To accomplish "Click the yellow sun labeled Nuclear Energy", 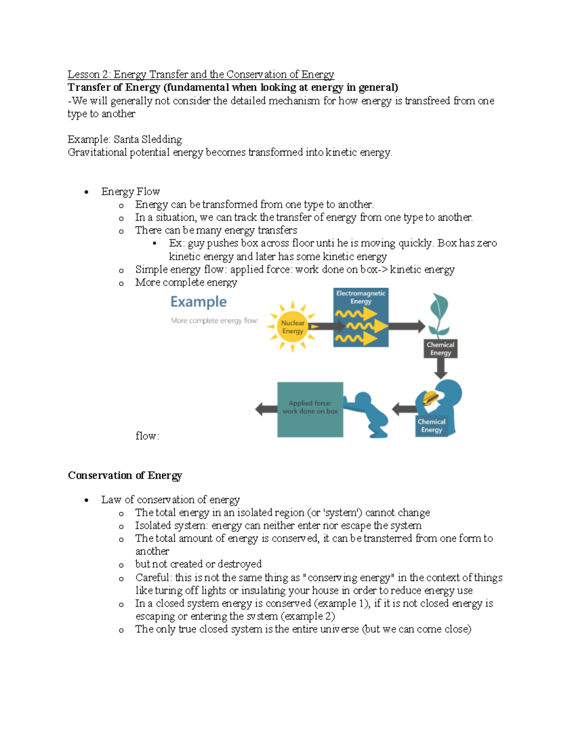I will click(292, 327).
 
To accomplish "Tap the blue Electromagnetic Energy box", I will click(361, 318).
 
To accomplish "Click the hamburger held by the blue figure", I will click(430, 398).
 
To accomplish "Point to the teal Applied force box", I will click(310, 409).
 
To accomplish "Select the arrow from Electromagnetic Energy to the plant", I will click(407, 327).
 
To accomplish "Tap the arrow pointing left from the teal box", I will click(266, 409).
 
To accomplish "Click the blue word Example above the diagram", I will click(198, 302).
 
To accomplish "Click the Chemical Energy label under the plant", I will click(440, 349).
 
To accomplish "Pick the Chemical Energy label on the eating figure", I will click(431, 426).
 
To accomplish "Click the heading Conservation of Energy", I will click(125, 475).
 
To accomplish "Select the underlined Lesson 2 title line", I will click(201, 74).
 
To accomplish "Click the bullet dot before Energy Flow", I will click(86, 192).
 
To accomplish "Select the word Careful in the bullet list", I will click(152, 578).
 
